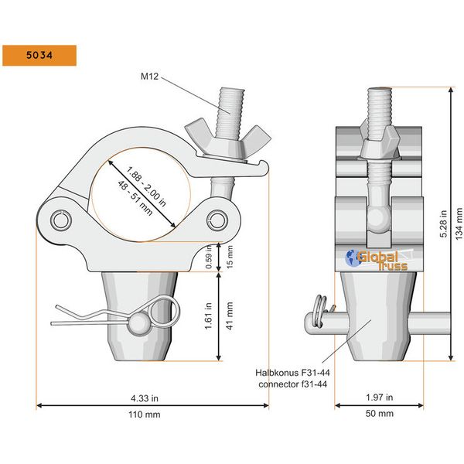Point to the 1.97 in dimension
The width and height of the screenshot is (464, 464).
coord(378,398)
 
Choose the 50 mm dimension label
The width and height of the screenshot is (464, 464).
coord(378,415)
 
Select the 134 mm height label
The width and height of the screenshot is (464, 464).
coord(459,224)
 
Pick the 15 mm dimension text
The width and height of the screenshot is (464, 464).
coord(230,257)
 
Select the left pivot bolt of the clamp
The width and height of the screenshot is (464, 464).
coord(61,221)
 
